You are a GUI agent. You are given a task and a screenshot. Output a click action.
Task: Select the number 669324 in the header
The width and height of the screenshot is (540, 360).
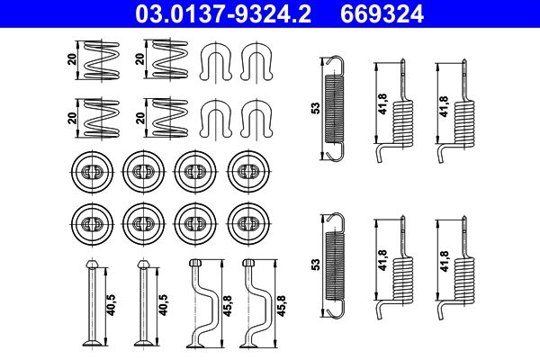coord(379,13)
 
